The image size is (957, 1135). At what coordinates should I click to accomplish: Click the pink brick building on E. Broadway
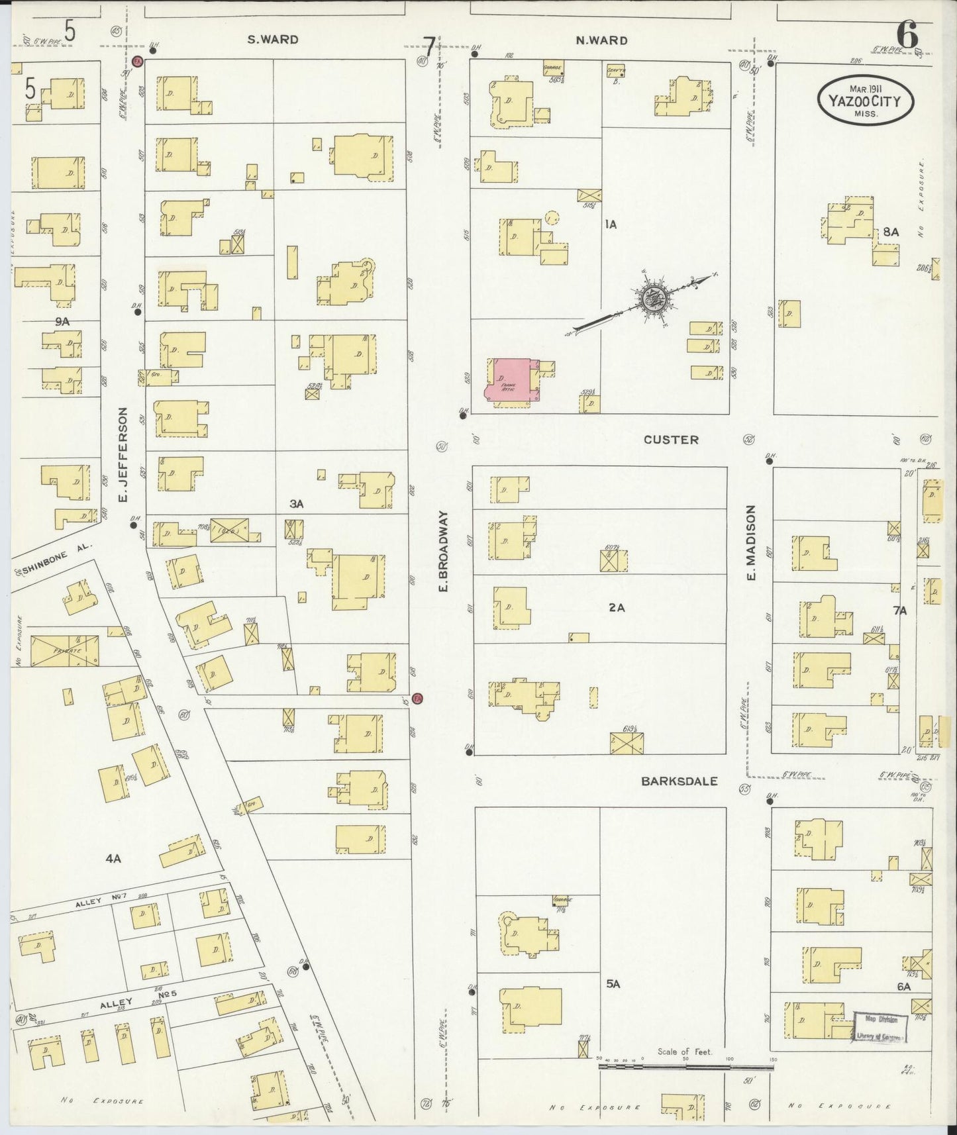pos(511,380)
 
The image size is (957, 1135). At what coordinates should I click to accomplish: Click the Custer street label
pos(671,440)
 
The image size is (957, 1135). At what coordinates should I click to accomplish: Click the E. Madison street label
pos(750,543)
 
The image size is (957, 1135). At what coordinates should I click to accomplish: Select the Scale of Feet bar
pos(685,1067)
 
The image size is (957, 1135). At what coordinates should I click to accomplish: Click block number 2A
pos(617,607)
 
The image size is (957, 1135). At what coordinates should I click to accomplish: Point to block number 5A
pos(613,984)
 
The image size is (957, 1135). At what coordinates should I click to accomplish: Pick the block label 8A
pos(891,232)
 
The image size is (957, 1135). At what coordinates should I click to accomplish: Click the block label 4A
pos(113,858)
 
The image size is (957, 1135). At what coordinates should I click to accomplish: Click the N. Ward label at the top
pos(601,40)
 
